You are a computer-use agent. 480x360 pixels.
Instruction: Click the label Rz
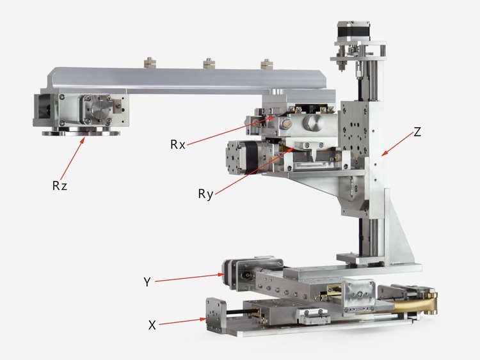point(60,185)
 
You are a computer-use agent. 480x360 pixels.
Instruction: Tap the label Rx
point(178,145)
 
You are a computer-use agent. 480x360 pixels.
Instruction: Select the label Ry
point(205,194)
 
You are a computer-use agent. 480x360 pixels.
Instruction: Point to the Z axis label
point(417,132)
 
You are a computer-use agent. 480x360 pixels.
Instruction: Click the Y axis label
point(147,282)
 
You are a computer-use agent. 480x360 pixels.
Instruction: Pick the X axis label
point(152,325)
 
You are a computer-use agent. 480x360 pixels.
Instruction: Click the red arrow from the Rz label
point(72,159)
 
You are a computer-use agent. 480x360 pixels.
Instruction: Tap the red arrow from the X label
point(182,322)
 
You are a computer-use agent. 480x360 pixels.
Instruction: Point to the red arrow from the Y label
point(190,278)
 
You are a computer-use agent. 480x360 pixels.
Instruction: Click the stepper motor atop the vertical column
point(353,30)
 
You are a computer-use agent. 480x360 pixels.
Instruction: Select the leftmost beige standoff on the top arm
point(150,63)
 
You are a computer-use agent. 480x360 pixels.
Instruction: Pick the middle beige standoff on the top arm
point(209,63)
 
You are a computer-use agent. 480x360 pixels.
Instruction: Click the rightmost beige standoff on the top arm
point(267,63)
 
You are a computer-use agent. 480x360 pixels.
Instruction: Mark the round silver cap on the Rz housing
point(100,109)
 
